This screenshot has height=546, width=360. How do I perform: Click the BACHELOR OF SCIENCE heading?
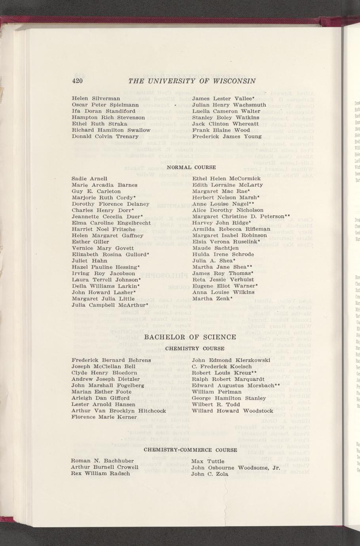[x=190, y=337]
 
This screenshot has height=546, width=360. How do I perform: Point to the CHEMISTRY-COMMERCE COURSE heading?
[x=190, y=450]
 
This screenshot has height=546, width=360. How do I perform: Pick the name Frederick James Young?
[x=227, y=136]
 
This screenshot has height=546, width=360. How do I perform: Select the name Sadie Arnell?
[x=89, y=178]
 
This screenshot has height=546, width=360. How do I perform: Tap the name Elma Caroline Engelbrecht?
[x=111, y=223]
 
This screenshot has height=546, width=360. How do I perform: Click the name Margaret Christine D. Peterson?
[x=241, y=216]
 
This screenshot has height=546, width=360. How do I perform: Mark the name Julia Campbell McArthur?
[x=110, y=305]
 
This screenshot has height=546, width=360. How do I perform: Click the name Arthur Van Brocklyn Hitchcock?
[x=119, y=411]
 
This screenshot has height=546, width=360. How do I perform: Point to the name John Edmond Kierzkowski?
[x=231, y=360]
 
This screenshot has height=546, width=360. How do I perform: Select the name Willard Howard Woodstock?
[x=232, y=411]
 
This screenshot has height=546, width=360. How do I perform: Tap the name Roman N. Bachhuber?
[x=102, y=461]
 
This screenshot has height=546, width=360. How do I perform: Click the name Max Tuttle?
[x=207, y=461]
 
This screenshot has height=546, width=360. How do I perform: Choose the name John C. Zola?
[x=210, y=474]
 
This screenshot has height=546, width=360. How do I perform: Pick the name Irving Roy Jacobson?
[x=103, y=273]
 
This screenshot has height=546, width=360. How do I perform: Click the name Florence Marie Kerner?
[x=104, y=417]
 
